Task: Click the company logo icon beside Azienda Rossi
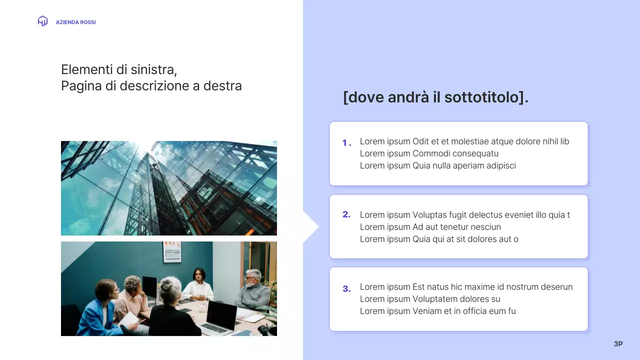(x=42, y=21)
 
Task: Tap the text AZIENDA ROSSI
(x=75, y=22)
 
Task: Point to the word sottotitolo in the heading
(x=480, y=97)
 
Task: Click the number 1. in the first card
(x=346, y=143)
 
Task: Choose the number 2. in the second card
(x=346, y=214)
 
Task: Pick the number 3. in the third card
(x=346, y=288)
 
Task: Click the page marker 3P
(x=618, y=344)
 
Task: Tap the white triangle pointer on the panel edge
(x=310, y=227)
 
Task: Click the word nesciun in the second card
(x=484, y=227)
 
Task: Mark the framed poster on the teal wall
(x=171, y=252)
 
